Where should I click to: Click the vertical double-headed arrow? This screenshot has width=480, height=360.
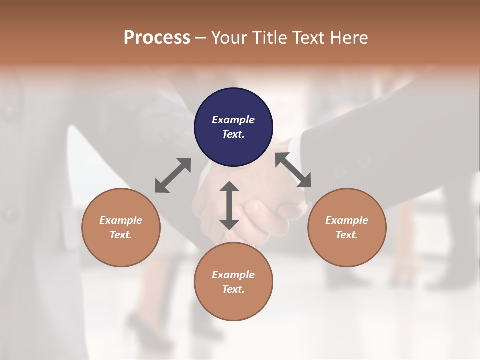click(229, 205)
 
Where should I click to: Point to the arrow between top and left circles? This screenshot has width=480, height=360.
click(173, 175)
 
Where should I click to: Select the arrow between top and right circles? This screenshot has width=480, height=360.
click(293, 170)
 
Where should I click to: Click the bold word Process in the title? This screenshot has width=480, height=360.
click(157, 37)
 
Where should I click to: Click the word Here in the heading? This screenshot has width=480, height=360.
click(349, 37)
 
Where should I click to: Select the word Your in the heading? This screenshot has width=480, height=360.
click(230, 37)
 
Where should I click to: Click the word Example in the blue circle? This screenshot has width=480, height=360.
click(233, 120)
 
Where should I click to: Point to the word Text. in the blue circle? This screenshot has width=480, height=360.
click(233, 134)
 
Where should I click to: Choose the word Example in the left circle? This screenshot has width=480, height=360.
click(121, 220)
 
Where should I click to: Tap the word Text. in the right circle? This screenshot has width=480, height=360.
click(347, 235)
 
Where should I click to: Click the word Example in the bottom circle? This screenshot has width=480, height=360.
click(233, 275)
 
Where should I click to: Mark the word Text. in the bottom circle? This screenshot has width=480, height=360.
click(233, 289)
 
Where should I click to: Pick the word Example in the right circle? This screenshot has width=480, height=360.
click(347, 220)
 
